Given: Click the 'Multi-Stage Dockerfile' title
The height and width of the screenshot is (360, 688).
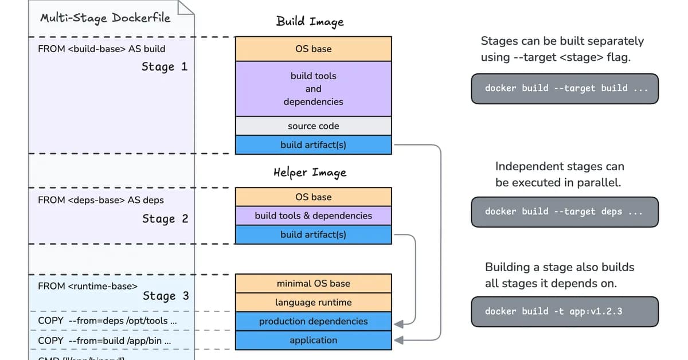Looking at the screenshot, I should point(105,18).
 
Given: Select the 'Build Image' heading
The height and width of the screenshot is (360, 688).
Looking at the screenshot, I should point(310,22).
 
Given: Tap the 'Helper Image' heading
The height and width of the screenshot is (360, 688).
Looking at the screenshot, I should point(310,173).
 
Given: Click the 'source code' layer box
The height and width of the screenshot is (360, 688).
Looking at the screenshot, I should point(313,126).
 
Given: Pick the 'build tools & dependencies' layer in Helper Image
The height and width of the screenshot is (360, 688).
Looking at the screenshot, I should point(313,216).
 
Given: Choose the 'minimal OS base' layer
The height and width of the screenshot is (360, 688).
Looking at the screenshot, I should point(313,283).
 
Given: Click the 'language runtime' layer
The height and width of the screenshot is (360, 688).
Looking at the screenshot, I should point(313,302).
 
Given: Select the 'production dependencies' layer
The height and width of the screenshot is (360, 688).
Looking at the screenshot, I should point(313,321).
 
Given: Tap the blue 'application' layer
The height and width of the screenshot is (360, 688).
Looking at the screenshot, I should point(313,340).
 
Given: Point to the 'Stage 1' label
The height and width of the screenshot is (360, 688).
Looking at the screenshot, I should point(165,67).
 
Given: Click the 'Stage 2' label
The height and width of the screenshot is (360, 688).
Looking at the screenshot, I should point(165,219).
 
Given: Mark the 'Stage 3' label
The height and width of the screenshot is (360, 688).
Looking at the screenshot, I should point(166,296).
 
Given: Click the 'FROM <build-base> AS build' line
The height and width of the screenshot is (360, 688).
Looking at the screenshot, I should point(101,49).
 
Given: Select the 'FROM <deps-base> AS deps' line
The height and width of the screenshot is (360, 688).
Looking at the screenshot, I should point(100,200).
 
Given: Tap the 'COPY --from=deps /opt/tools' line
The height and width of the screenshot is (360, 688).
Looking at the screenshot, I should point(107,321).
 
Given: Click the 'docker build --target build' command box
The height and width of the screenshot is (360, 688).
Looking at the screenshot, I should point(565,88).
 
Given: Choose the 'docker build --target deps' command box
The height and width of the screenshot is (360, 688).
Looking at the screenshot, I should point(565,212).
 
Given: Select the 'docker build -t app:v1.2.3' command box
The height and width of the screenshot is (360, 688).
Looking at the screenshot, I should point(565,311).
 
